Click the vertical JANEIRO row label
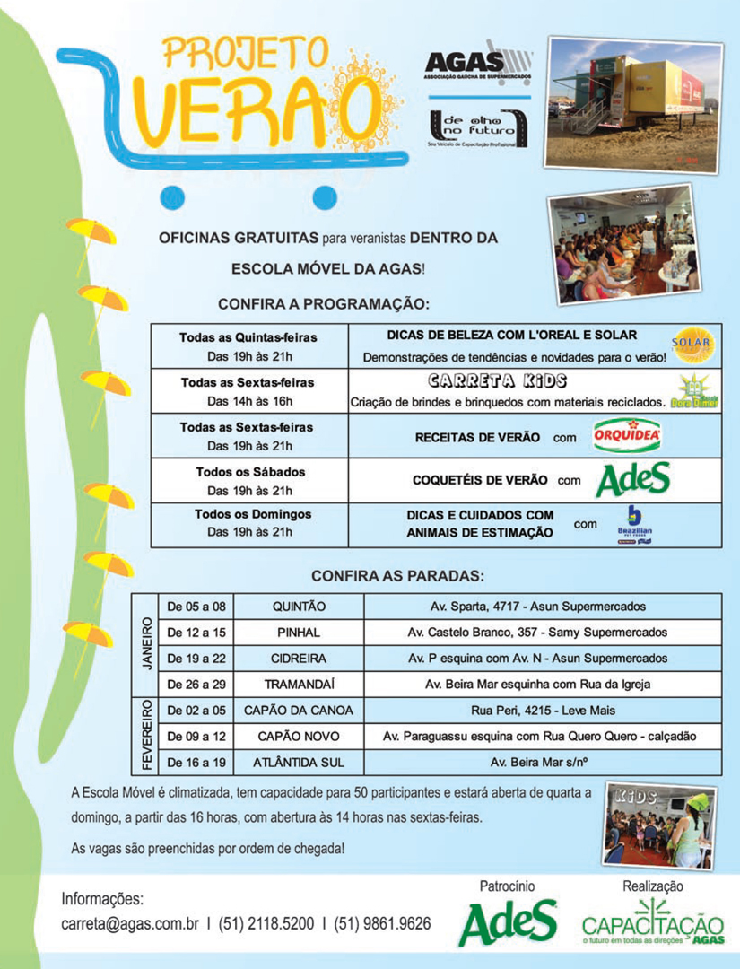coord(146,645)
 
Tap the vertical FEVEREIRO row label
coord(146,736)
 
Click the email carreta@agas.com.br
coord(129,923)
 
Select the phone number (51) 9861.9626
coord(382,923)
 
